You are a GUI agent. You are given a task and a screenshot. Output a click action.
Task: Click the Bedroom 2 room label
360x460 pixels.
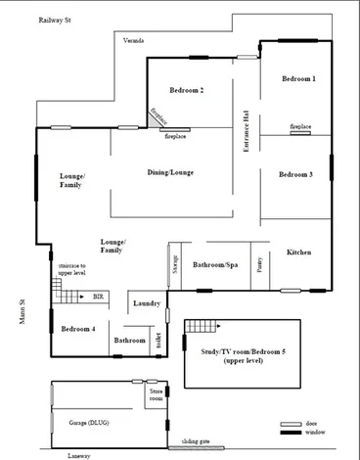pyautogui.click(x=186, y=90)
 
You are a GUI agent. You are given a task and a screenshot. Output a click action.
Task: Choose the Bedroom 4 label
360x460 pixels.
pyautogui.click(x=77, y=328)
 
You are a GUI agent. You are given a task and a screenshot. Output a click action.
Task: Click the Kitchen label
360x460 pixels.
pyautogui.click(x=299, y=253)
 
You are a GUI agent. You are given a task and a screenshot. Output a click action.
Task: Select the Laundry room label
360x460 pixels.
pyautogui.click(x=147, y=303)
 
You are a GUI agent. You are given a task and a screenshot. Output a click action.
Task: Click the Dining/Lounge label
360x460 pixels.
pyautogui.click(x=170, y=172)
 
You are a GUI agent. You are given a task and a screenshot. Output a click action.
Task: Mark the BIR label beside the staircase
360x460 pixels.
pyautogui.click(x=97, y=295)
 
